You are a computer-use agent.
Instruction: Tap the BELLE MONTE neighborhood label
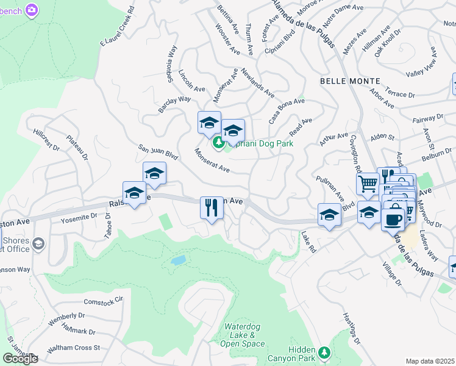click(349, 81)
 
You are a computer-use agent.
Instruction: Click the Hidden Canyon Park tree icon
click(325, 351)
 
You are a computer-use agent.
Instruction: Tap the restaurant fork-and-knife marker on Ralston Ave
click(212, 207)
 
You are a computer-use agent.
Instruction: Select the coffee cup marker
click(393, 219)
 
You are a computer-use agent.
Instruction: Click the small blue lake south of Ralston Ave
click(178, 260)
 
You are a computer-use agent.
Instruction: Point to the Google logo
click(20, 359)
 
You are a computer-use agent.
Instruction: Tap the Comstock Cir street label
click(103, 301)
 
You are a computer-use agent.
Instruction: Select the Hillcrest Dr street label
click(47, 140)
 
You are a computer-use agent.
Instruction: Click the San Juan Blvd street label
click(158, 152)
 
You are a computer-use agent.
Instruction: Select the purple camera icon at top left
click(32, 10)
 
